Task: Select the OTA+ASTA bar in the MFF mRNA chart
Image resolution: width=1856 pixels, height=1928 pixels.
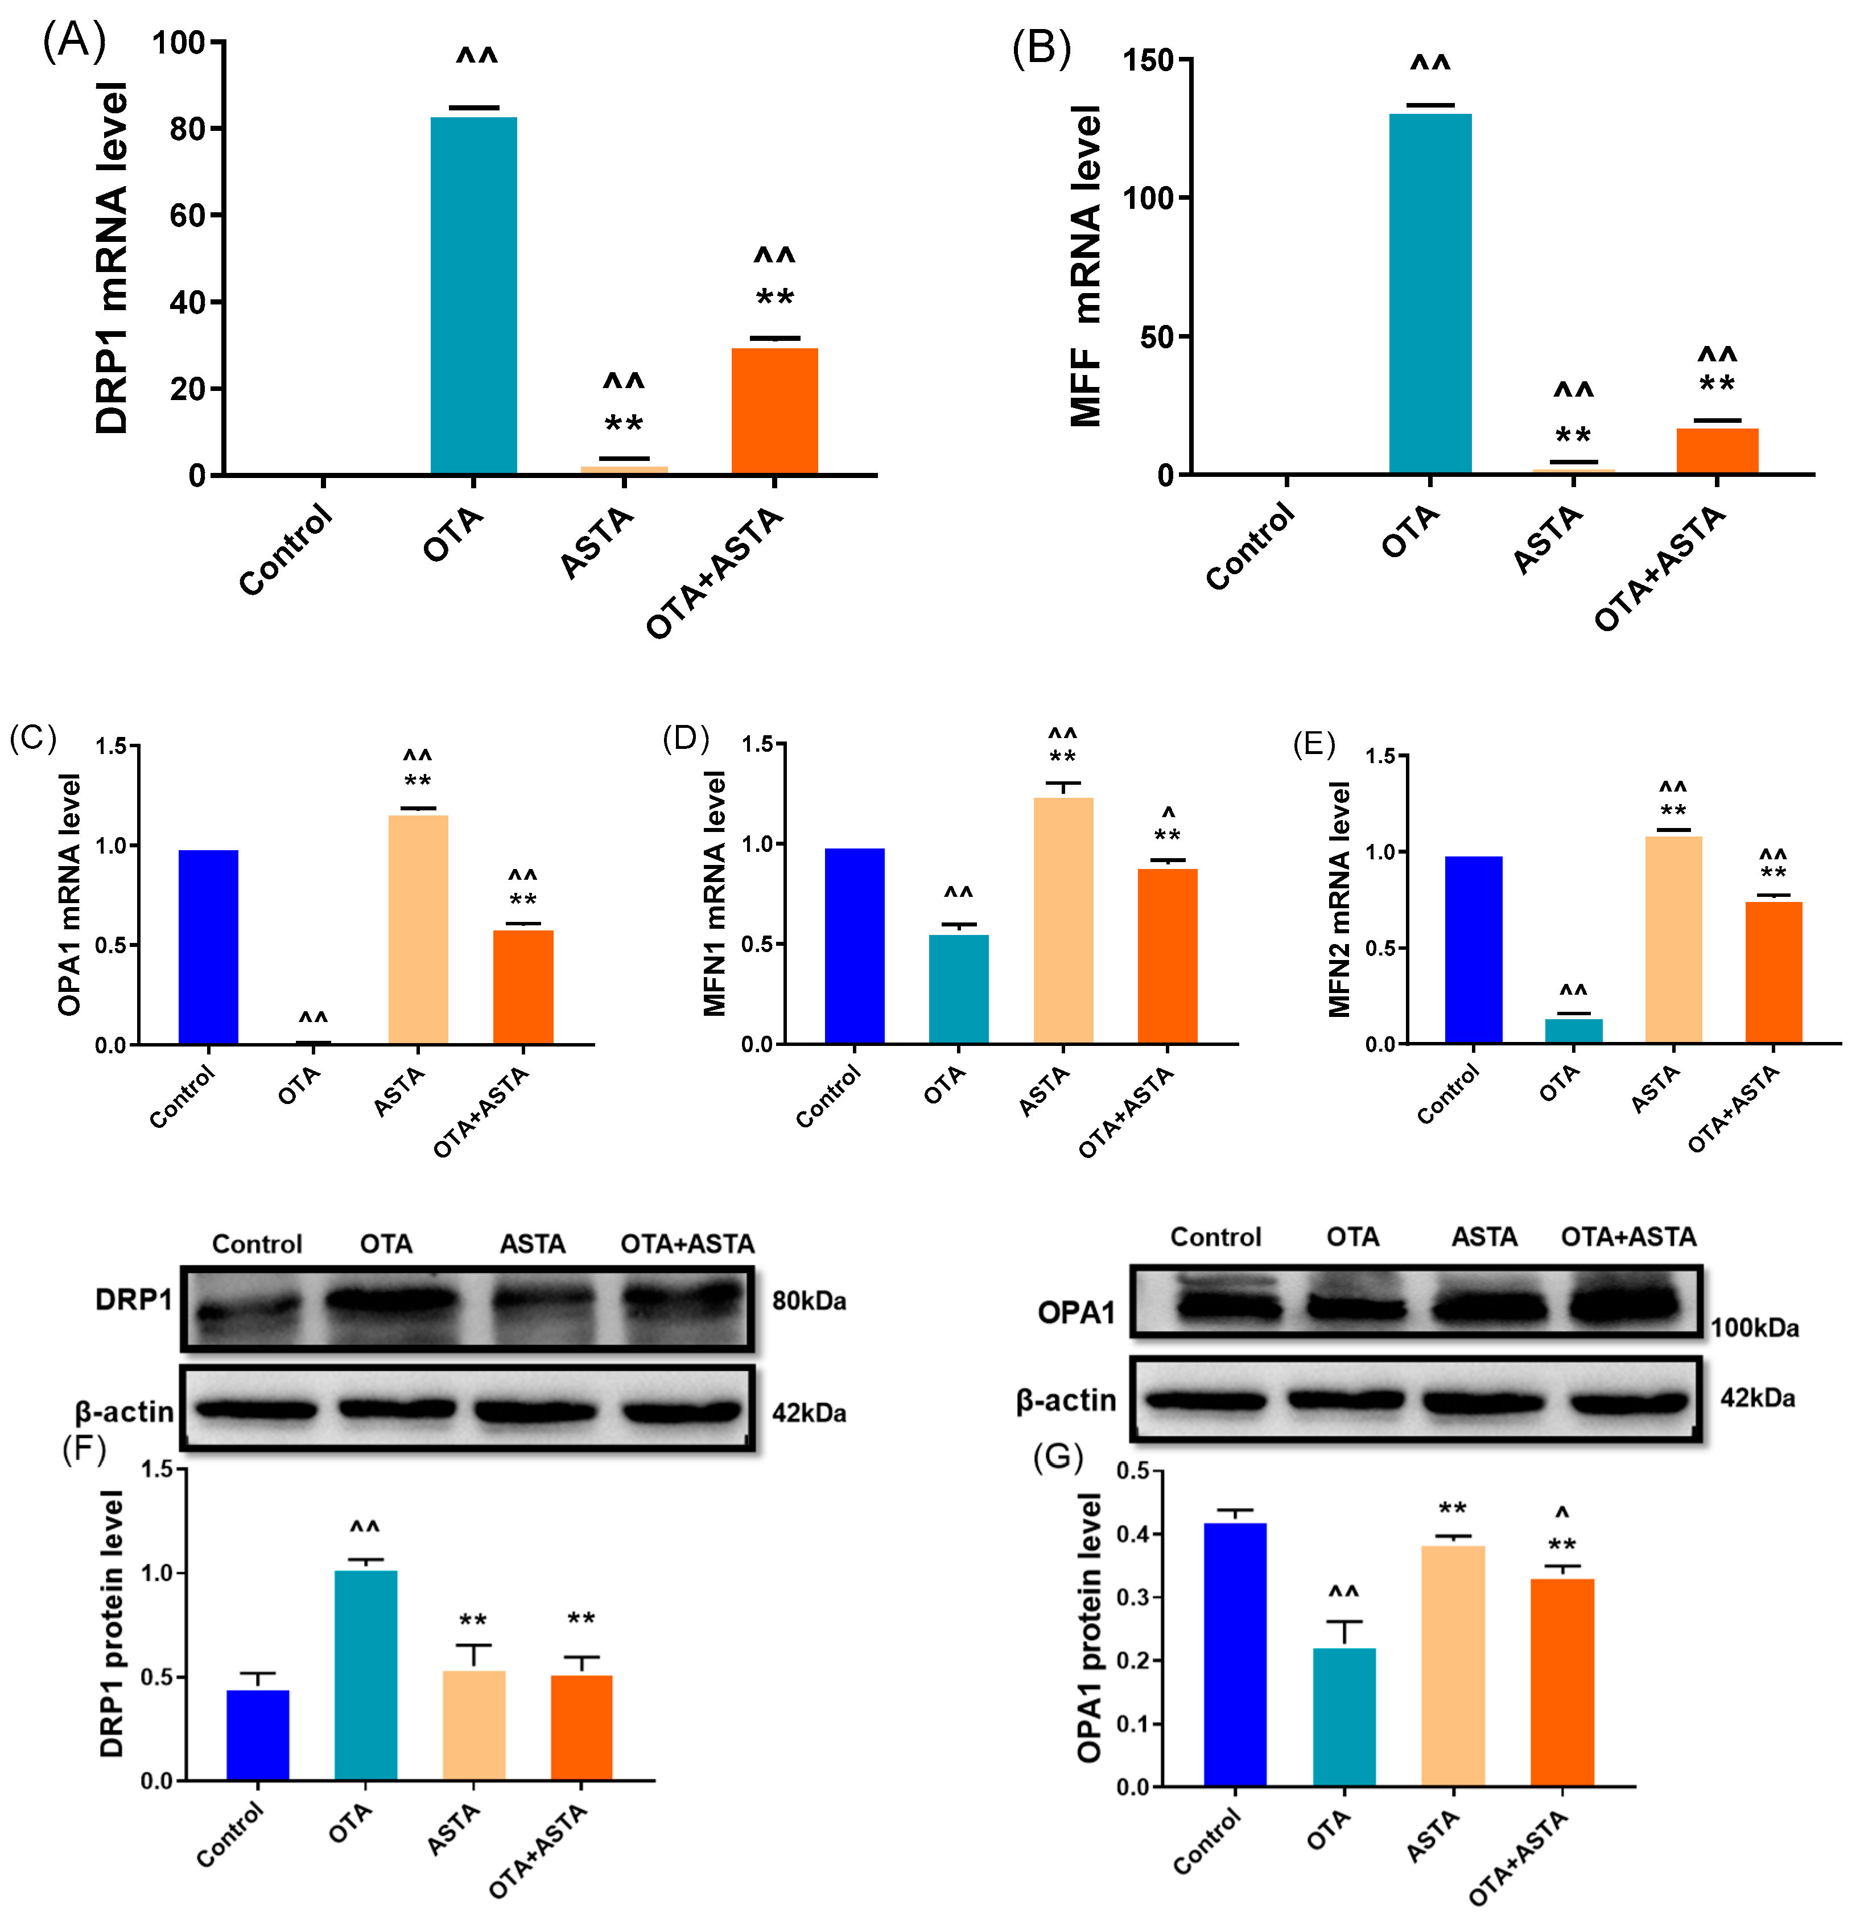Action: click(x=1717, y=451)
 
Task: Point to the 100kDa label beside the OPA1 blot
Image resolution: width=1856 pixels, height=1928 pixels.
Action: click(x=1754, y=1328)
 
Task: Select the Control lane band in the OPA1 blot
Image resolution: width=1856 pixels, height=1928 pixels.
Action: click(x=1218, y=1307)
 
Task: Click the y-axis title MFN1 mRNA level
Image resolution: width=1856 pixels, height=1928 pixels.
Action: click(x=715, y=893)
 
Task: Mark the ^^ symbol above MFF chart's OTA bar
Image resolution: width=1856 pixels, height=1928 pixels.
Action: click(x=1429, y=65)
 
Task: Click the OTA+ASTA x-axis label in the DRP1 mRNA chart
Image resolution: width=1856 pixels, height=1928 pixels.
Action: click(x=715, y=572)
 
